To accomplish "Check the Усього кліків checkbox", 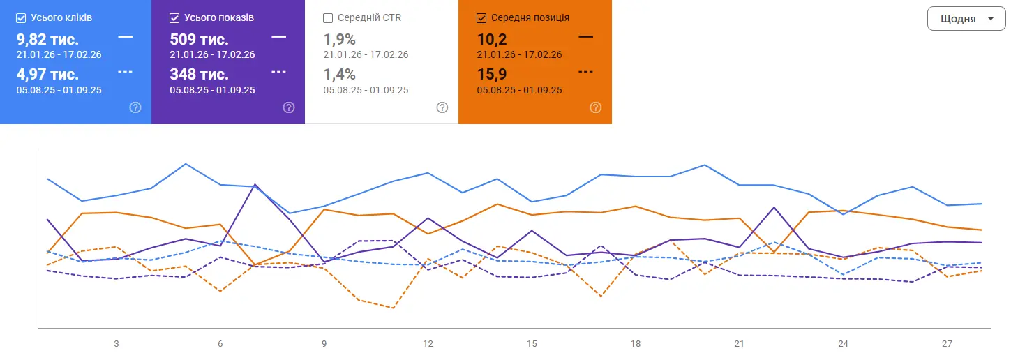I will point(21,17).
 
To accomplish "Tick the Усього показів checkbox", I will point(174,17).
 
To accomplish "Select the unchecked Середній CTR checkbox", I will point(328,17).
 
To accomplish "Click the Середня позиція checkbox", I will point(481,17).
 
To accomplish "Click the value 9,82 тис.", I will point(47,39).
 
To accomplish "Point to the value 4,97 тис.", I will point(47,74).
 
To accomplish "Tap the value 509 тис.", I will point(199,39).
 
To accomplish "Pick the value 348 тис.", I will point(199,74).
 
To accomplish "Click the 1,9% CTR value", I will point(339,39).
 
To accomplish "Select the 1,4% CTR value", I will point(339,74).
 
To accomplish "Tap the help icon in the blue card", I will point(135,107).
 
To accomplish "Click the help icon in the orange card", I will point(595,107).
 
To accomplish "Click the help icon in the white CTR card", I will point(442,107).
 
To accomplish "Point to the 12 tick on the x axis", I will point(428,344).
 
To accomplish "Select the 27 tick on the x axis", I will point(947,344).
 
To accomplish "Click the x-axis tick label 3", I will point(117,344).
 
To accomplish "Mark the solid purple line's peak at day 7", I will point(255,184).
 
